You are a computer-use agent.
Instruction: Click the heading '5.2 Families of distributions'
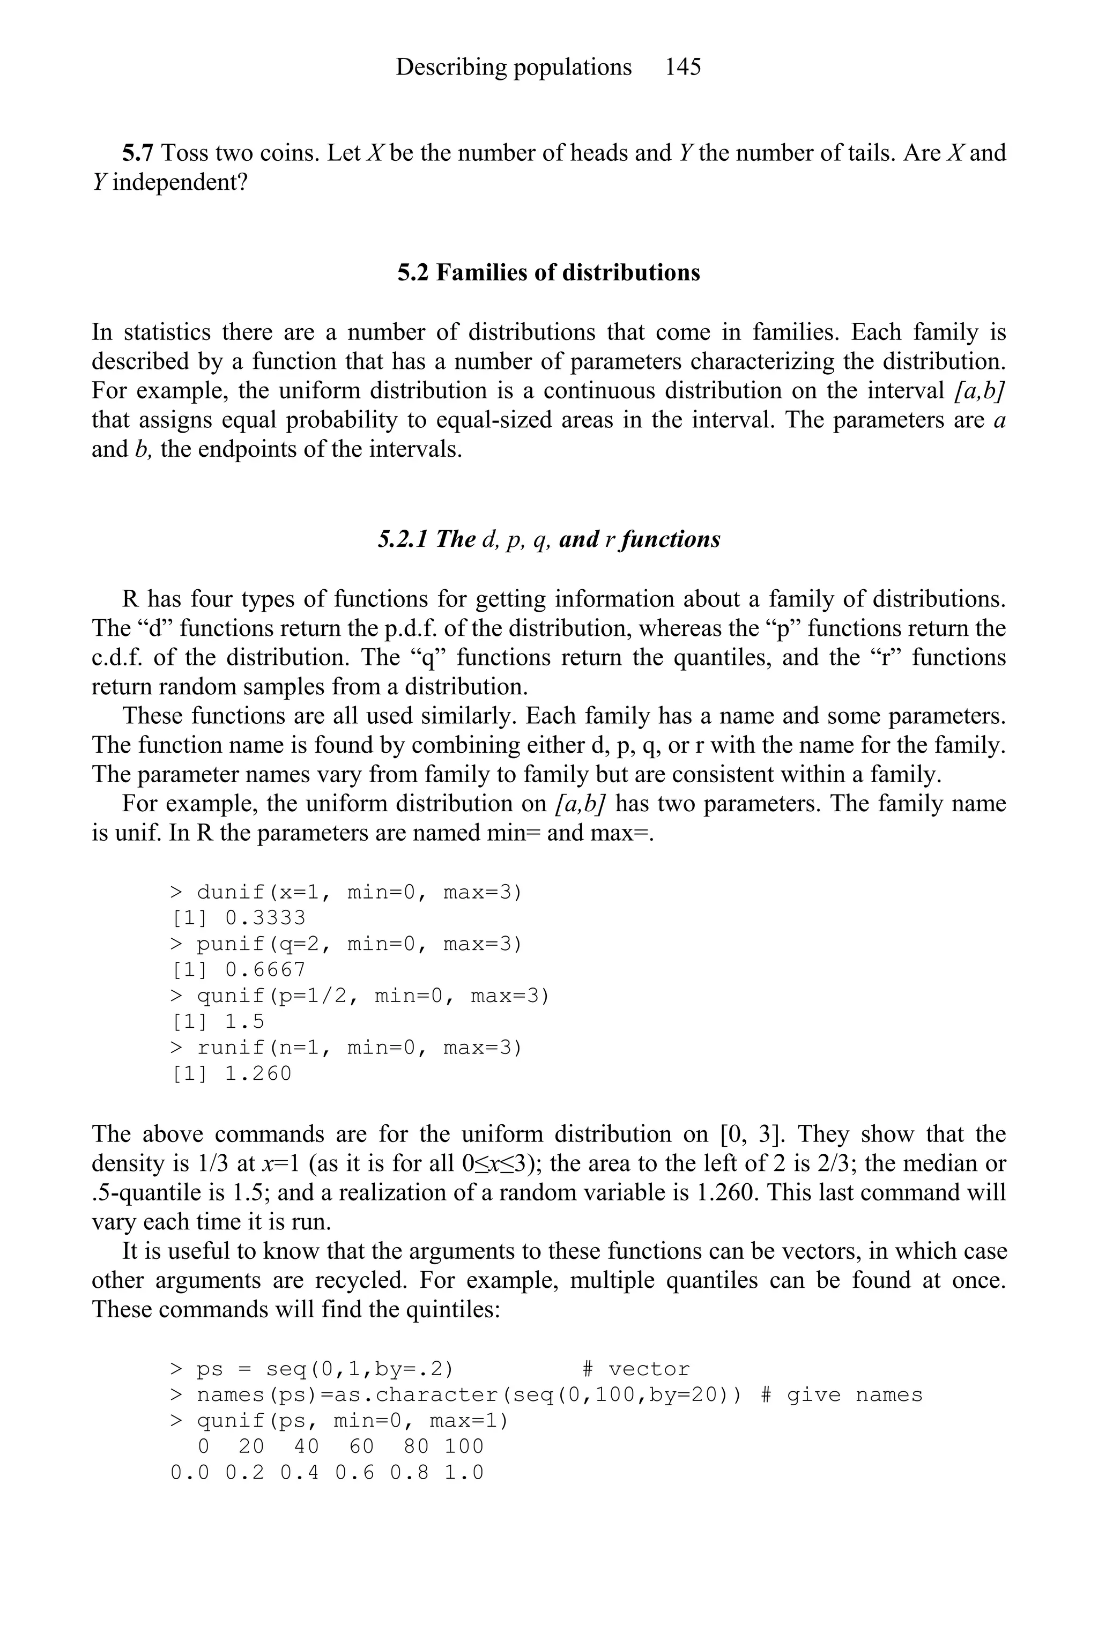point(548,272)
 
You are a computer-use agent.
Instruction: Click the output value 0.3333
point(265,918)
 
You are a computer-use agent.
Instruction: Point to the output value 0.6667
point(265,970)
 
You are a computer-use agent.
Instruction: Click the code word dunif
point(231,892)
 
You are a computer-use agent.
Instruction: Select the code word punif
point(231,944)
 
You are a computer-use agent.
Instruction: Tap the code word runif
point(231,1048)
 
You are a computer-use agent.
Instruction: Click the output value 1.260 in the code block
point(258,1073)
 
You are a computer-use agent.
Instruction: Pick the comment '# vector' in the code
point(636,1369)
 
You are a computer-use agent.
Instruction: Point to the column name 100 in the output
point(464,1446)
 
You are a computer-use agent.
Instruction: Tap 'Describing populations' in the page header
point(513,67)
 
